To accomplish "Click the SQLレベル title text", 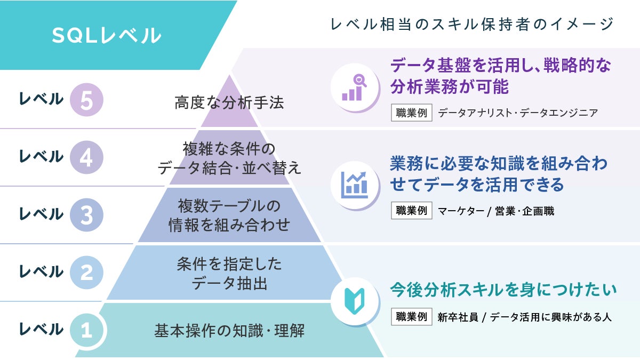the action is [x=106, y=35].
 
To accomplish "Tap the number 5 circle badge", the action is [x=86, y=100].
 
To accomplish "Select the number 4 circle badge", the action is [x=86, y=157].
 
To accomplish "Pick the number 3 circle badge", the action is [x=86, y=215].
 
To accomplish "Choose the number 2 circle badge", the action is [x=86, y=273].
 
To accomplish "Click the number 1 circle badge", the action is [x=86, y=330].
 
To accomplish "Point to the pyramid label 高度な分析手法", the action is [x=229, y=102].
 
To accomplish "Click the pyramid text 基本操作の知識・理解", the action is [x=229, y=331].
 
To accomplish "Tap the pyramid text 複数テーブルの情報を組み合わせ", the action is [x=229, y=215].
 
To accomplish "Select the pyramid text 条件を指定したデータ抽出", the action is [x=229, y=274].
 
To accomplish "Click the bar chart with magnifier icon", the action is [x=354, y=87].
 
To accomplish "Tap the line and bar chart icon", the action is [x=354, y=185].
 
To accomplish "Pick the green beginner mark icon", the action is [x=355, y=301].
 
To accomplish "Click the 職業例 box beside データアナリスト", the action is [x=411, y=113].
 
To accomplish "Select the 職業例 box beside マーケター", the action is [x=411, y=211].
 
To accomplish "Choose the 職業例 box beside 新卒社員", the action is [x=411, y=317].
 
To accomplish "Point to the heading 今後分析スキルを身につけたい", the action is [x=503, y=290].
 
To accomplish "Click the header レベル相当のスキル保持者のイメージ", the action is [x=472, y=24].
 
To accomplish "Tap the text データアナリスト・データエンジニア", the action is [x=518, y=113].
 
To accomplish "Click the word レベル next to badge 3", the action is [x=41, y=214].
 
